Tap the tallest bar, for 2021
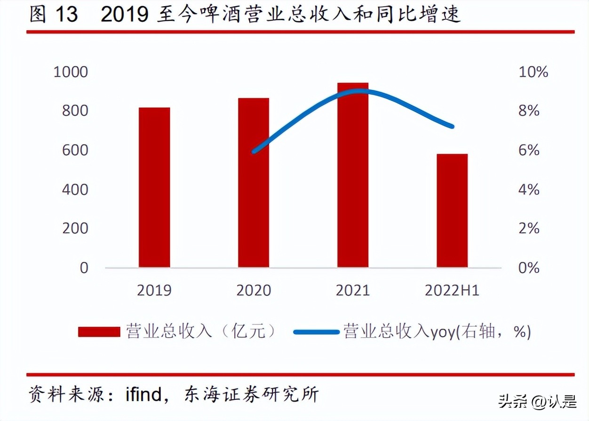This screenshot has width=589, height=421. [x=353, y=175]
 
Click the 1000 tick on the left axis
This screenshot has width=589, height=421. [x=71, y=72]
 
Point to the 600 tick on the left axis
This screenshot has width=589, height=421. [x=75, y=150]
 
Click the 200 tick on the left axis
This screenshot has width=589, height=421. [x=75, y=228]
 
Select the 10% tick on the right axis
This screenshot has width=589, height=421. [x=533, y=72]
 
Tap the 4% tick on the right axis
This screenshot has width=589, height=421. [x=529, y=189]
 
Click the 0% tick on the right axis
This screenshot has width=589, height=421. [x=529, y=268]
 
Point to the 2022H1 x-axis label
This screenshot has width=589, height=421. [x=452, y=291]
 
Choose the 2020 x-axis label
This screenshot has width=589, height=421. [x=254, y=291]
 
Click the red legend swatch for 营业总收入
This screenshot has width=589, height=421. [x=99, y=332]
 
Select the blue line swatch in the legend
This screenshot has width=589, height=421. [x=316, y=332]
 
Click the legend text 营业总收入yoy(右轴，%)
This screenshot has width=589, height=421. [x=437, y=332]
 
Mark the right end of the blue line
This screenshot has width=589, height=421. [x=452, y=126]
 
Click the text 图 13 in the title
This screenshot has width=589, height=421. [x=53, y=15]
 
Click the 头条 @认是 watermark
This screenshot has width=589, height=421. [x=537, y=403]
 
